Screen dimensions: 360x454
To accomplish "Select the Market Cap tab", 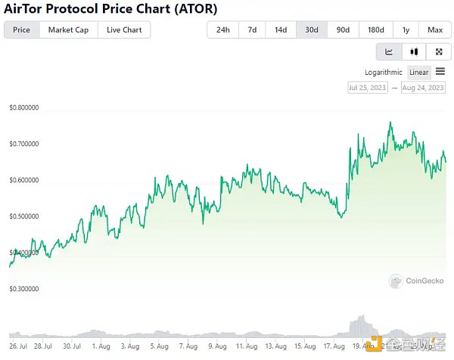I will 67,30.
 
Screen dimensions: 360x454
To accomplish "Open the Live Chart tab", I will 124,30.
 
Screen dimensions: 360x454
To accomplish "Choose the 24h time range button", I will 222,30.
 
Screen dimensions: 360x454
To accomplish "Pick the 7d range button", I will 252,30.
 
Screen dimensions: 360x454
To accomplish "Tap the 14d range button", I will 281,30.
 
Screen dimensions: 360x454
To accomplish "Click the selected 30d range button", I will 312,30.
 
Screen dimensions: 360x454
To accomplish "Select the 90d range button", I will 343,30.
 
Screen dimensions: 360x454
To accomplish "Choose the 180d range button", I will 375,30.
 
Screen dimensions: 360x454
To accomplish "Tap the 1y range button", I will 406,30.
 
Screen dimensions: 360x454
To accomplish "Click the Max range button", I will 434,30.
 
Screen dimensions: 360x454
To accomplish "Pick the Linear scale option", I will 419,73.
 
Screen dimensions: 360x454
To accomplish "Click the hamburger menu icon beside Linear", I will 440,72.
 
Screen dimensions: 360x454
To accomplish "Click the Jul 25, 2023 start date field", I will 368,88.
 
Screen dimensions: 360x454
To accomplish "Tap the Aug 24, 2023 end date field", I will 422,88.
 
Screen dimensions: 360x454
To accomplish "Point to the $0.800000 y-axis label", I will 23,108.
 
